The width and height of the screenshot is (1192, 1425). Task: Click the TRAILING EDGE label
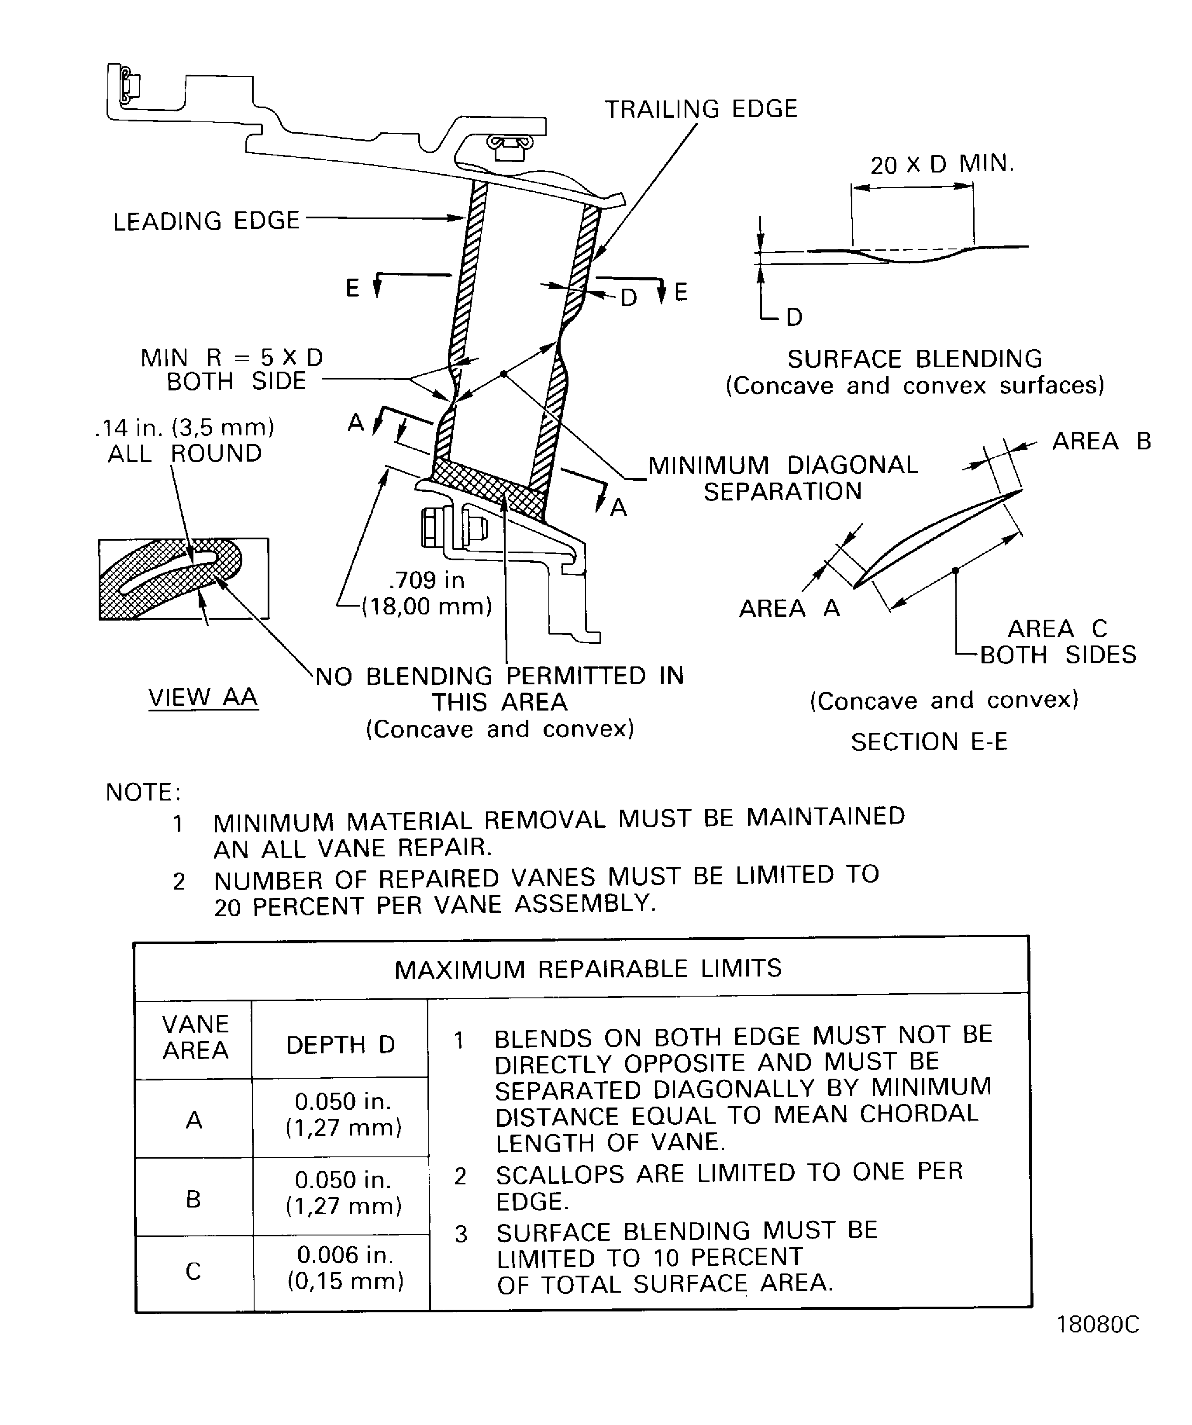click(x=701, y=109)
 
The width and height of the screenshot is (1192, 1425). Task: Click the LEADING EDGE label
click(x=206, y=221)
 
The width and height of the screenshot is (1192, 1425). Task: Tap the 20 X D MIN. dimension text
click(x=942, y=164)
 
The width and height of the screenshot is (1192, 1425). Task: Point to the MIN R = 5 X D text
click(x=231, y=358)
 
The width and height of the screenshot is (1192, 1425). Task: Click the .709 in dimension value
click(x=427, y=580)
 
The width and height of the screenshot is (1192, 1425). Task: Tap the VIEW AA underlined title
click(x=203, y=697)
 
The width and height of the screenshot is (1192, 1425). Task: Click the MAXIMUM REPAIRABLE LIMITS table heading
click(x=588, y=968)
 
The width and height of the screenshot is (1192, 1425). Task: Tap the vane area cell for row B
click(x=193, y=1200)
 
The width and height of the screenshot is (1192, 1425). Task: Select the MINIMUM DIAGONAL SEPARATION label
click(x=782, y=478)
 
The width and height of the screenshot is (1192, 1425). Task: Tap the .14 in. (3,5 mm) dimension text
click(x=185, y=428)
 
